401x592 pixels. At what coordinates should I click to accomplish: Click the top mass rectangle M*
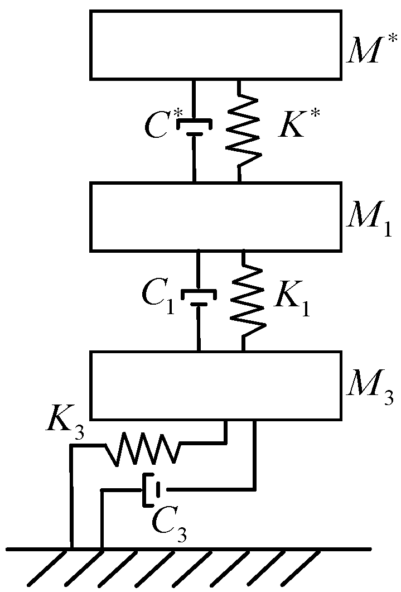click(x=215, y=45)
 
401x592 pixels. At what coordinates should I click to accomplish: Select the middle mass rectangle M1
click(x=215, y=216)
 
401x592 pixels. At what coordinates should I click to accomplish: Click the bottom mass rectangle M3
click(x=215, y=385)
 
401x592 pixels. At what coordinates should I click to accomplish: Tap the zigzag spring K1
click(x=246, y=301)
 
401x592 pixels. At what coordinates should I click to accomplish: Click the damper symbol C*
click(x=194, y=128)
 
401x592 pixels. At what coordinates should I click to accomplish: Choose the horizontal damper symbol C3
click(x=152, y=490)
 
